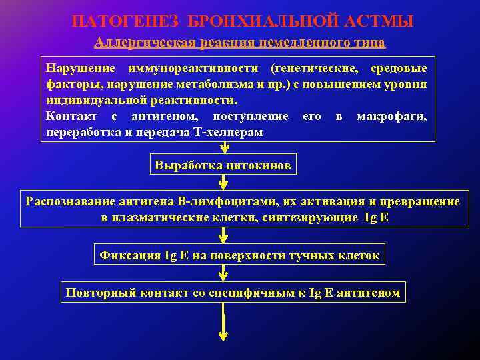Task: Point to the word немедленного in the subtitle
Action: (x=307, y=43)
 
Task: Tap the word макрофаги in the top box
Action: (x=392, y=117)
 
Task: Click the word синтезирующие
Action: (x=316, y=218)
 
